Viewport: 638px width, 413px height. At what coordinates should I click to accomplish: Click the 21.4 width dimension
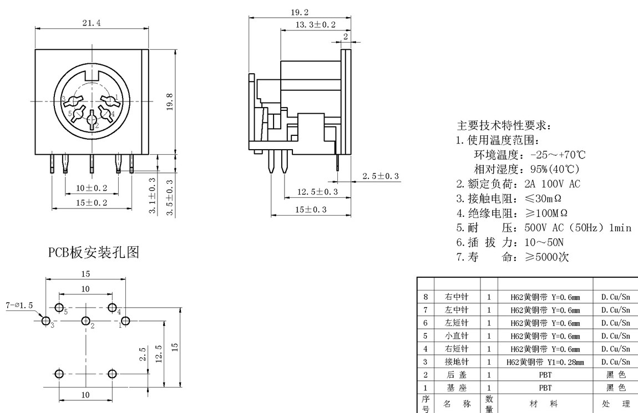[92, 23]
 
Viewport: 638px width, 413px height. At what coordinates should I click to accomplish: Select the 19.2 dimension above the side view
[299, 12]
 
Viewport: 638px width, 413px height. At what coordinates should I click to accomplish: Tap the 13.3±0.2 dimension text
[315, 25]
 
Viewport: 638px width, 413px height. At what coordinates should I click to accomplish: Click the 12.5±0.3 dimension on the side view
[317, 192]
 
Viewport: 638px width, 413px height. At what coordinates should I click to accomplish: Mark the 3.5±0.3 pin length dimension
[170, 197]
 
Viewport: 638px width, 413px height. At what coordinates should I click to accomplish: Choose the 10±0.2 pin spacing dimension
[92, 188]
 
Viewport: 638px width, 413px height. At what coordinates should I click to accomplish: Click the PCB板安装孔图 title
[93, 253]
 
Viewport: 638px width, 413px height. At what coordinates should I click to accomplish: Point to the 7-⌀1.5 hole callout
[19, 305]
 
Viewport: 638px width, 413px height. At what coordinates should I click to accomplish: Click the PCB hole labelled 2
[86, 321]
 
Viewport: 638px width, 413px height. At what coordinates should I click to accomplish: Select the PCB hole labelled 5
[59, 308]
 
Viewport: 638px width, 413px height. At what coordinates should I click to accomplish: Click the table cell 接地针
[457, 362]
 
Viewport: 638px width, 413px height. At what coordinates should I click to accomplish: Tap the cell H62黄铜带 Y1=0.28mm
[545, 362]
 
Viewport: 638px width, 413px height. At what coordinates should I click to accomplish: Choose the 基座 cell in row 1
[457, 388]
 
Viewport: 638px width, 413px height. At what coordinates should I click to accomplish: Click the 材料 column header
[545, 405]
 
